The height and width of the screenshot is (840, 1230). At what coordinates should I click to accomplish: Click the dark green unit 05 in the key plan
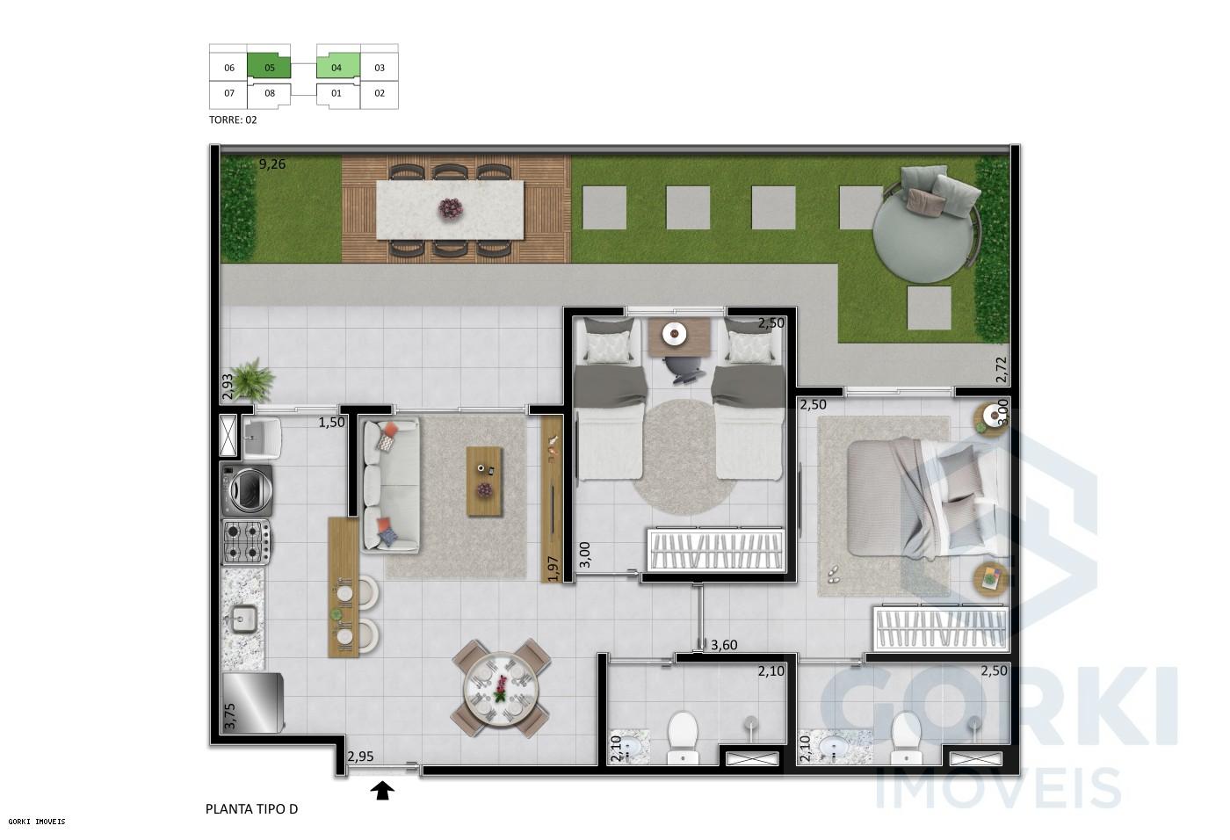pyautogui.click(x=269, y=67)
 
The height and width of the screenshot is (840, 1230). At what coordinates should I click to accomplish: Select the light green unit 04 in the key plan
pyautogui.click(x=337, y=67)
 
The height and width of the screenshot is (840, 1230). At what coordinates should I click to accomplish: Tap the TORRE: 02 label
pyautogui.click(x=233, y=120)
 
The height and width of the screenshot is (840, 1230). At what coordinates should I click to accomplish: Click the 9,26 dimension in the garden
pyautogui.click(x=272, y=163)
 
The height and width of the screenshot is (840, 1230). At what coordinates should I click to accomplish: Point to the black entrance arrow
pyautogui.click(x=383, y=792)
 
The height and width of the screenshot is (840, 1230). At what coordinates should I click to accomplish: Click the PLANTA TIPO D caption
pyautogui.click(x=251, y=809)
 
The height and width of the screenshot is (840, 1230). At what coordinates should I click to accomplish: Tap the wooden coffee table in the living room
pyautogui.click(x=485, y=482)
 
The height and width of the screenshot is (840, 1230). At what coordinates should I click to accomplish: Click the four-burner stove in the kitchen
pyautogui.click(x=246, y=541)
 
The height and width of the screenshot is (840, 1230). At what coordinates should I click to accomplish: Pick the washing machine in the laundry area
pyautogui.click(x=247, y=490)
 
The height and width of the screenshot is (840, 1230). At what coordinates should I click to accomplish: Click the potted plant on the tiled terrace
pyautogui.click(x=254, y=378)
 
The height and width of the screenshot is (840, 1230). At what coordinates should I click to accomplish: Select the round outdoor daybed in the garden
pyautogui.click(x=922, y=220)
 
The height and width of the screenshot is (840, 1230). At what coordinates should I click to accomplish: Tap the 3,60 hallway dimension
pyautogui.click(x=724, y=646)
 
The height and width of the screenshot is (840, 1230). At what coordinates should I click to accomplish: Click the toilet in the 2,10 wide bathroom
pyautogui.click(x=683, y=736)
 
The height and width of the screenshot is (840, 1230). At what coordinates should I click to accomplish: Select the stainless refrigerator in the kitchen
pyautogui.click(x=253, y=703)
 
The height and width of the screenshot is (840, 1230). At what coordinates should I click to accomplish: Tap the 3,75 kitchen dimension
pyautogui.click(x=230, y=717)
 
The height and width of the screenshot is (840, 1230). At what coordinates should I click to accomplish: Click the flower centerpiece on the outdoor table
pyautogui.click(x=452, y=208)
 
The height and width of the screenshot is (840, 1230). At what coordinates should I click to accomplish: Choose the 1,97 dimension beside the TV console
pyautogui.click(x=553, y=568)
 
